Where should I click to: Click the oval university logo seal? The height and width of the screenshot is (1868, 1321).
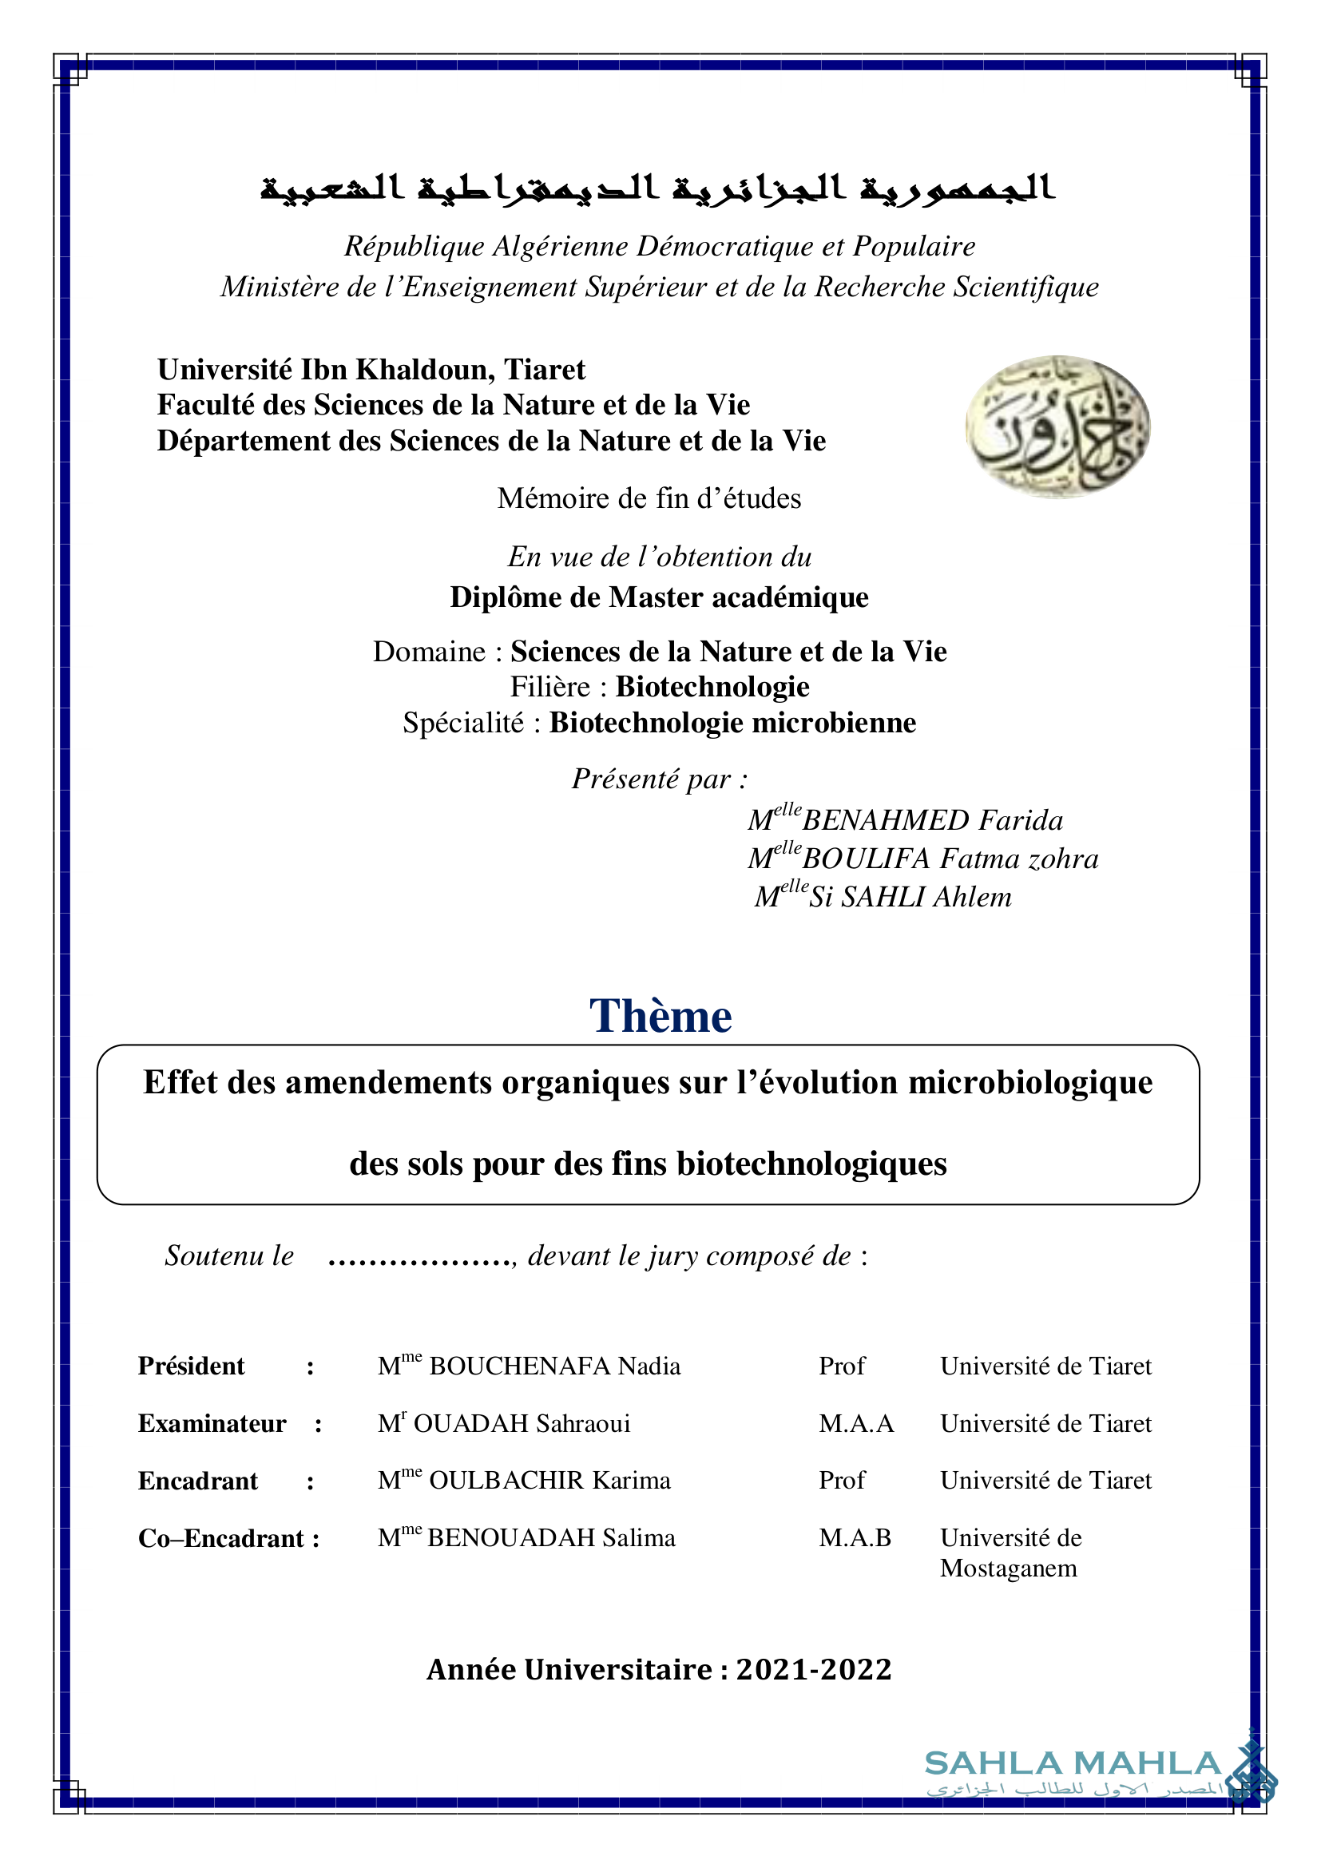pos(1057,426)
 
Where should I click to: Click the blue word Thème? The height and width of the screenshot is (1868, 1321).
pos(660,1016)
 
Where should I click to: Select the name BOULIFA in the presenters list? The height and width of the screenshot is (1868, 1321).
pos(866,859)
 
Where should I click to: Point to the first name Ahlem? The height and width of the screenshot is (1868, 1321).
pos(972,897)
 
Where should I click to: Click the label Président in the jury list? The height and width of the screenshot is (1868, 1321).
pos(191,1366)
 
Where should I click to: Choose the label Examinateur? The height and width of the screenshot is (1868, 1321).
pos(212,1424)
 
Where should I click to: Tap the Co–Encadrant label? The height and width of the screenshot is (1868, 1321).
pos(221,1538)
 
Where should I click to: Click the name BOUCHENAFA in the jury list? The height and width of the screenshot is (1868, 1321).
pos(520,1366)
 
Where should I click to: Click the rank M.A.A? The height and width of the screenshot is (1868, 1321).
pos(855,1424)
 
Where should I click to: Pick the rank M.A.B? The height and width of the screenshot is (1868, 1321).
pos(855,1538)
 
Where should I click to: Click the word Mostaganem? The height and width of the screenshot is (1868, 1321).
pos(1009,1569)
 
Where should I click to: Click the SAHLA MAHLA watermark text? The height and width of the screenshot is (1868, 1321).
pos(1073,1764)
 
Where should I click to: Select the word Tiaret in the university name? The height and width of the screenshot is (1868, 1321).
pos(544,371)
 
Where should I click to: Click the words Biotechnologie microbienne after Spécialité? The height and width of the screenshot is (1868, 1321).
pos(732,723)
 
